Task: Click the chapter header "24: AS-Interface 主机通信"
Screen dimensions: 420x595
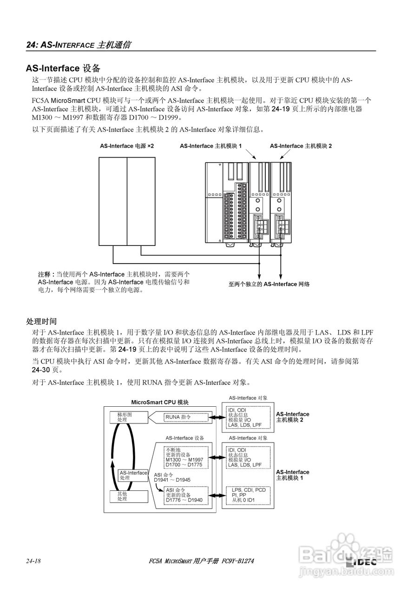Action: click(79, 45)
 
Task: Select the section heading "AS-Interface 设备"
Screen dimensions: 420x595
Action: click(63, 69)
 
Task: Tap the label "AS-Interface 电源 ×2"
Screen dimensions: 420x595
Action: click(127, 146)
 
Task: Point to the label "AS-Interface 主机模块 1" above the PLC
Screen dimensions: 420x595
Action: click(211, 146)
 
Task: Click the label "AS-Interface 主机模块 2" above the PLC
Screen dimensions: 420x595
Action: click(301, 146)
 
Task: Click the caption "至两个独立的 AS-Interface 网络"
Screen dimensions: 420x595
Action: click(269, 284)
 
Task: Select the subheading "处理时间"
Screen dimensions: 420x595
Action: click(41, 321)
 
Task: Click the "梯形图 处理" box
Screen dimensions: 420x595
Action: click(123, 417)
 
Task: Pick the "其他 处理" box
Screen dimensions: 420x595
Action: click(123, 496)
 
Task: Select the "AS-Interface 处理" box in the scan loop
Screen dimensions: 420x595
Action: click(133, 475)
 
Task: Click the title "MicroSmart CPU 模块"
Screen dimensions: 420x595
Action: click(160, 403)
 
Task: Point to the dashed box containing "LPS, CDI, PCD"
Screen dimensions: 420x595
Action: click(247, 495)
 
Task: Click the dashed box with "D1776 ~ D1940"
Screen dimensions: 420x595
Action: click(185, 495)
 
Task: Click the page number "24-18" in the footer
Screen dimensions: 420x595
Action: click(34, 562)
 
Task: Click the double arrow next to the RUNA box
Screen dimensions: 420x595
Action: click(216, 417)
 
